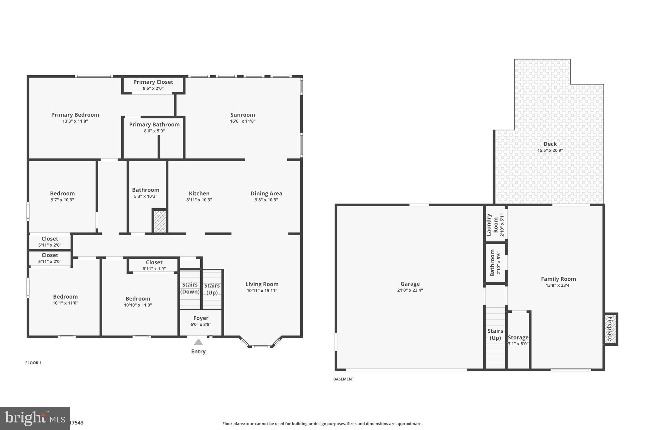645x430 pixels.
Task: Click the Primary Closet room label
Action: (153, 82)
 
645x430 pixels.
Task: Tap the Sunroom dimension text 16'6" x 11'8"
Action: (243, 121)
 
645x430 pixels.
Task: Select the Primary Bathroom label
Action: (154, 124)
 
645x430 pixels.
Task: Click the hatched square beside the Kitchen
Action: (160, 221)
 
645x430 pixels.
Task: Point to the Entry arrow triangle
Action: (198, 342)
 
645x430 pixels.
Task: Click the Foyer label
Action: (201, 318)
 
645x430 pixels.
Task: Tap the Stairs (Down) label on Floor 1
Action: (190, 288)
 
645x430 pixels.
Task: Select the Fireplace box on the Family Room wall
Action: (610, 329)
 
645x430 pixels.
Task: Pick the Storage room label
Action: (518, 337)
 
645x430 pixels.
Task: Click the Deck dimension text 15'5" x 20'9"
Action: (550, 151)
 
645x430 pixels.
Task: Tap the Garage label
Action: (410, 284)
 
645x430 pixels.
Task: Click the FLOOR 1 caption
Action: (33, 363)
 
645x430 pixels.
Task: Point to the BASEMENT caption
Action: (344, 379)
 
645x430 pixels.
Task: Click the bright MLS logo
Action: (35, 418)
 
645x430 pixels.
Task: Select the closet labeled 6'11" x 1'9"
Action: (154, 265)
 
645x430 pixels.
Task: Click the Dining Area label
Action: (266, 193)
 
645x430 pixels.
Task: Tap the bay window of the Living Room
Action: (261, 346)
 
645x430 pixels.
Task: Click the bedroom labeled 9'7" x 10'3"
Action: (62, 196)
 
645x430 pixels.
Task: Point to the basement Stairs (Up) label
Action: (495, 334)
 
